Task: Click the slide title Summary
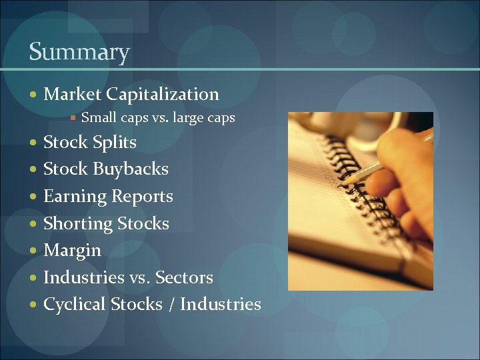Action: pyautogui.click(x=79, y=52)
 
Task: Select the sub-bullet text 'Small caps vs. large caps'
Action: pyautogui.click(x=157, y=118)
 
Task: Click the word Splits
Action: pyautogui.click(x=115, y=143)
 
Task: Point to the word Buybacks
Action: pyautogui.click(x=131, y=169)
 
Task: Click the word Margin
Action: pyautogui.click(x=72, y=251)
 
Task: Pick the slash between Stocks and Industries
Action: pyautogui.click(x=171, y=305)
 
